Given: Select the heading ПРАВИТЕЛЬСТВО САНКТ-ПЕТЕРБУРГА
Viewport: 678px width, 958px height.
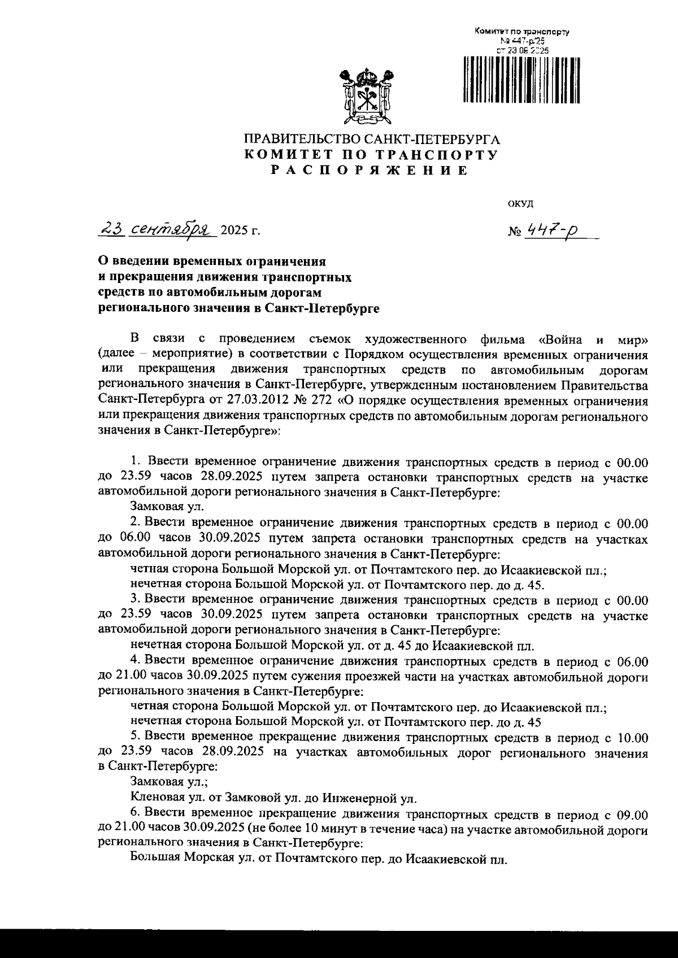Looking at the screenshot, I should [372, 139].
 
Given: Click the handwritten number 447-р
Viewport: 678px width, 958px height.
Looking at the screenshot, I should [547, 230].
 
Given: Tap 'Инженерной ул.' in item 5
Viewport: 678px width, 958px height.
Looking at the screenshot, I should [369, 799].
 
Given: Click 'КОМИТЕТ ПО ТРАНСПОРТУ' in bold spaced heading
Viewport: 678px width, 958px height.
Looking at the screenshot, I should [371, 155].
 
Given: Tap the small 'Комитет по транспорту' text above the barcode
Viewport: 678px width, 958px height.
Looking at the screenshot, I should [521, 32].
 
